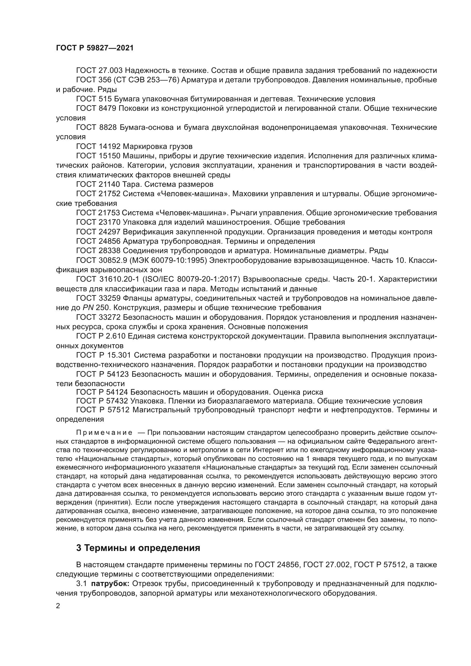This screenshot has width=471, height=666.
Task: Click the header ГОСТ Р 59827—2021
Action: pos(95,48)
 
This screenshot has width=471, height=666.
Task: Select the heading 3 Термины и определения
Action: pos(138,548)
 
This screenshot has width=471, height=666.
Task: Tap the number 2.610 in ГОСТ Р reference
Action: pos(114,336)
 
